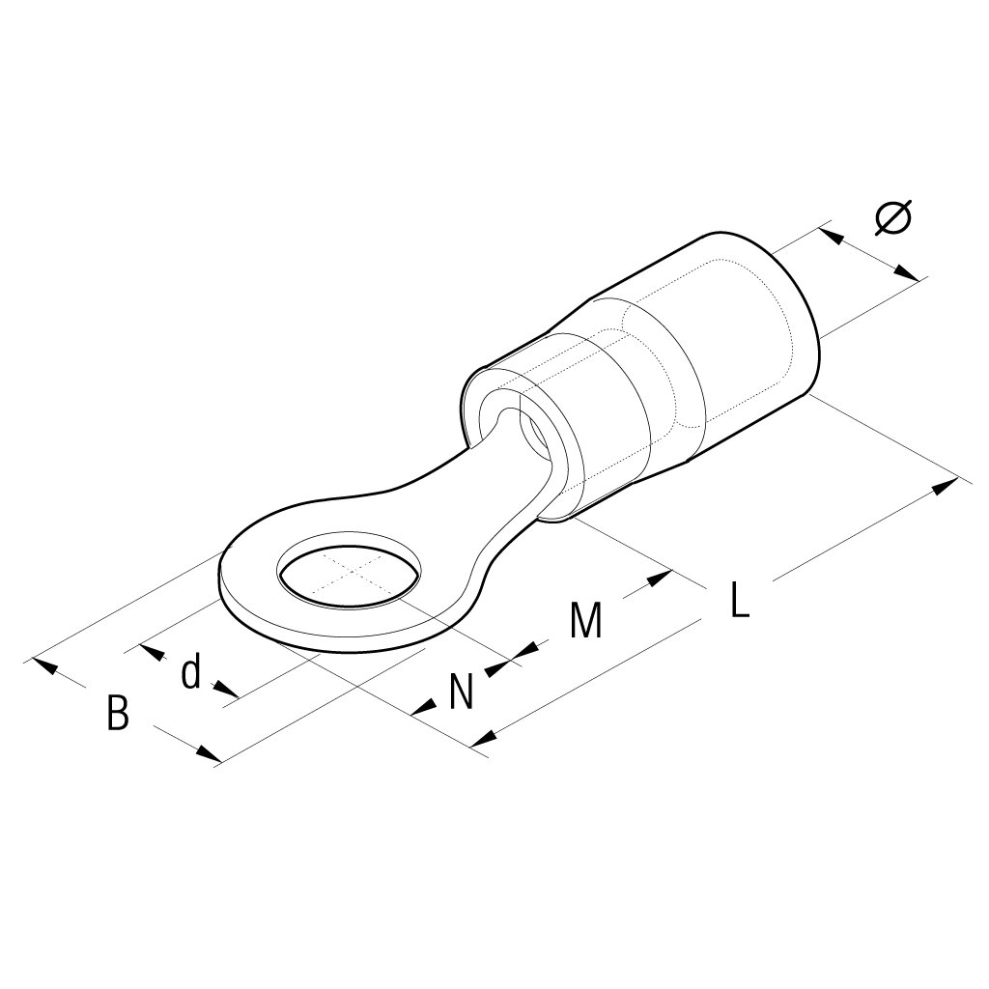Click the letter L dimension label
click(738, 600)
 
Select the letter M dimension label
click(585, 621)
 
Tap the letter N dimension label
click(462, 692)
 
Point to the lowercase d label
click(192, 671)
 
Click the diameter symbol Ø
click(892, 217)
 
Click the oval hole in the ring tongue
click(350, 578)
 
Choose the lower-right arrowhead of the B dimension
click(208, 753)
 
